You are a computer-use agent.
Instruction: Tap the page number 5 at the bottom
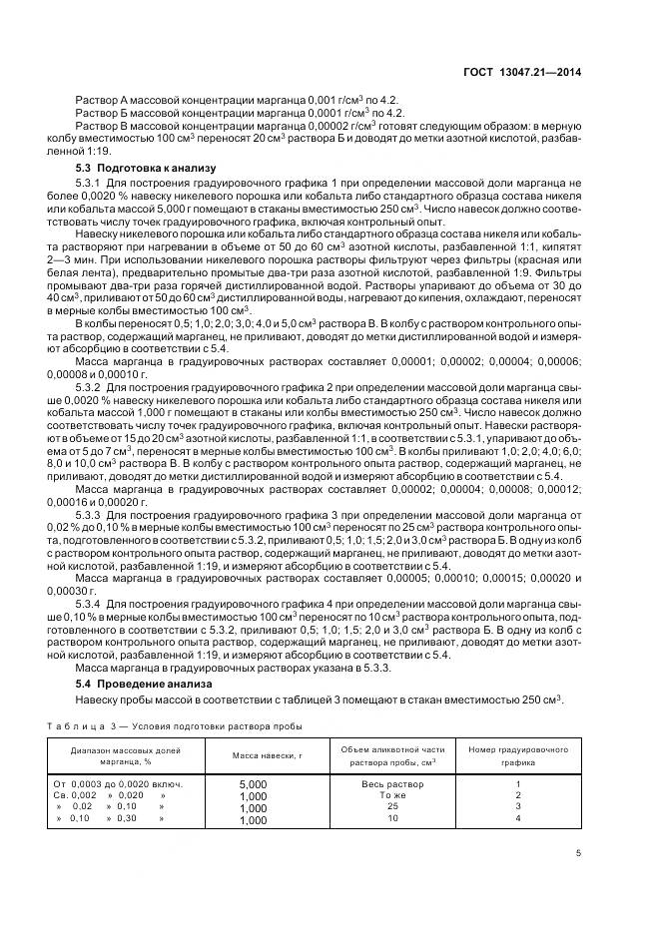click(579, 853)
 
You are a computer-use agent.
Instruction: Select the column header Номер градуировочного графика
click(518, 754)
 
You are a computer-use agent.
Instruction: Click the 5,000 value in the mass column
click(254, 784)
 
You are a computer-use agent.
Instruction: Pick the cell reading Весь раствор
click(392, 783)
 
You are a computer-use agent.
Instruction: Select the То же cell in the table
click(392, 795)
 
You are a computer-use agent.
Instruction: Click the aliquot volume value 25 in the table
click(392, 806)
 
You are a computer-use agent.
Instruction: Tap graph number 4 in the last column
click(518, 818)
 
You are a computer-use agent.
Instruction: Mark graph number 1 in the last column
click(518, 783)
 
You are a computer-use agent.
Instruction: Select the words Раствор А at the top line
click(101, 101)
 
